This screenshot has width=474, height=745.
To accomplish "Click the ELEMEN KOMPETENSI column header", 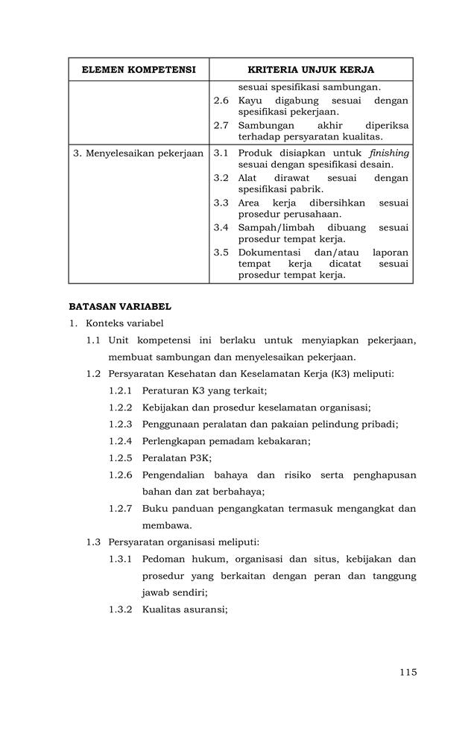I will pyautogui.click(x=139, y=70).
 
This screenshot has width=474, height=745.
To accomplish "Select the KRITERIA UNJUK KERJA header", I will pyautogui.click(x=311, y=70).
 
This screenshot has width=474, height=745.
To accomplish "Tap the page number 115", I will pyautogui.click(x=408, y=672).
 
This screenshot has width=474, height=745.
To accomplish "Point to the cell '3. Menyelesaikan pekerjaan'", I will pyautogui.click(x=139, y=153).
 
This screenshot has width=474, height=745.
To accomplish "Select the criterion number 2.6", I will pyautogui.click(x=221, y=101).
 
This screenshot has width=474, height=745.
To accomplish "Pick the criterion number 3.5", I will pyautogui.click(x=221, y=253).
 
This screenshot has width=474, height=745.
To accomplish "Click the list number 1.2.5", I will pyautogui.click(x=121, y=457).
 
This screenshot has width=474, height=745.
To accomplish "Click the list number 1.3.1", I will pyautogui.click(x=121, y=559).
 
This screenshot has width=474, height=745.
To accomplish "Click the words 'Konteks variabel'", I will pyautogui.click(x=124, y=323).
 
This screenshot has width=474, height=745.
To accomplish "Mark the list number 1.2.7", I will pyautogui.click(x=121, y=508).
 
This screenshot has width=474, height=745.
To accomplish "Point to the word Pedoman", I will pyautogui.click(x=164, y=559).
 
